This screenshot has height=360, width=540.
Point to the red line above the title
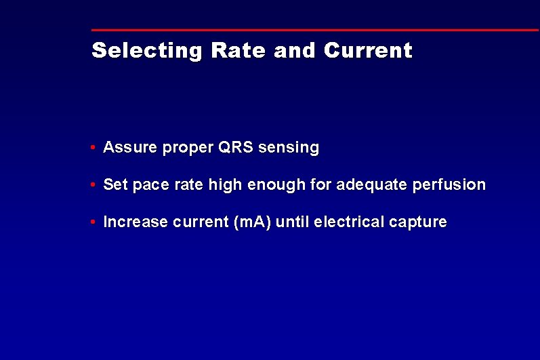coord(315,30)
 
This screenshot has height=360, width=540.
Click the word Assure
coord(130,147)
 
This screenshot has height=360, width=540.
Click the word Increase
coord(136,222)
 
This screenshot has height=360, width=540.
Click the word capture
coord(418,222)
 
